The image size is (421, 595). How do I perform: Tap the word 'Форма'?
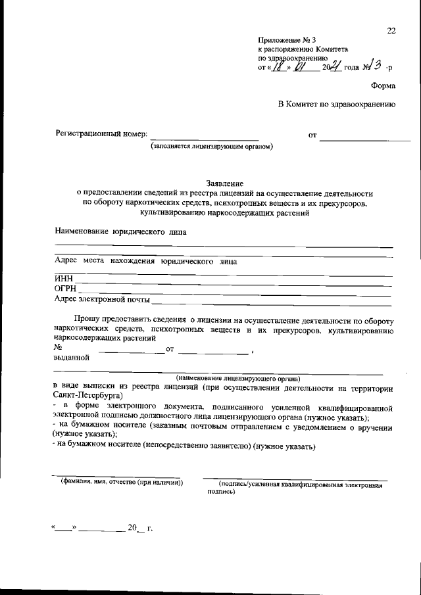[383, 85]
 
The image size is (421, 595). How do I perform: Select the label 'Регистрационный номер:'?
[101, 135]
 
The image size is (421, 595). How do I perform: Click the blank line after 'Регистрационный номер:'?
[205, 139]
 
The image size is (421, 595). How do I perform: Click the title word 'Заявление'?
[225, 184]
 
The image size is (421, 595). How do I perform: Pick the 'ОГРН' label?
[66, 289]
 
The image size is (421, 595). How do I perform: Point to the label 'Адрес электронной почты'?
[101, 299]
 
